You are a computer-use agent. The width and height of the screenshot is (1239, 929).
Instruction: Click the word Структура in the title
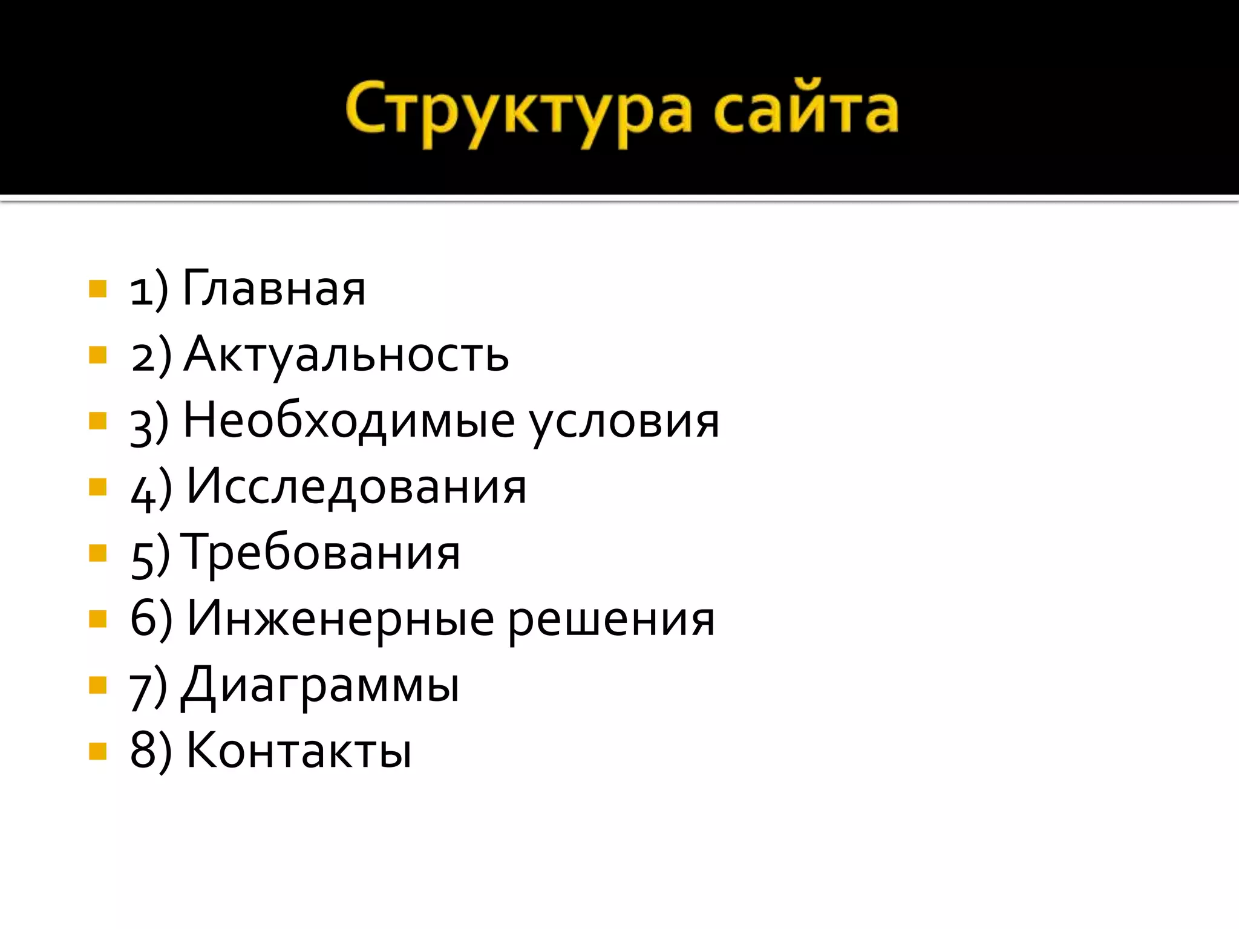pos(518,112)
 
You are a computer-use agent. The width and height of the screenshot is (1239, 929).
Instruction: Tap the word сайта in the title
pos(805,112)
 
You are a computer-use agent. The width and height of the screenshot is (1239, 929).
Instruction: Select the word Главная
pos(274,289)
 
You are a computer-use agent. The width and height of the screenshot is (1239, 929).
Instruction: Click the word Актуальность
pos(346,355)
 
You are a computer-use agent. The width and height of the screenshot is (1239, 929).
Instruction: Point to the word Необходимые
pos(349,421)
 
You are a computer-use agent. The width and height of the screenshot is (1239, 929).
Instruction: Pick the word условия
pos(624,422)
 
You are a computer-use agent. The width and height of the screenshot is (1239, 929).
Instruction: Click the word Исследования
pos(356,487)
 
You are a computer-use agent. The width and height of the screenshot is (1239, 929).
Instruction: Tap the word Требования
pos(321,553)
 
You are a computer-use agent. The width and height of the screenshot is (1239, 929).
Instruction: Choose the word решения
pos(611,620)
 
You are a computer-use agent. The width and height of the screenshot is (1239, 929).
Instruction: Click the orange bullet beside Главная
pos(97,289)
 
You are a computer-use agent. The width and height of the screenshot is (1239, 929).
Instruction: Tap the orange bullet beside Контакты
pos(97,751)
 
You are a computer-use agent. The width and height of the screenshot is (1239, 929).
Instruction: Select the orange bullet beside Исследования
pos(97,487)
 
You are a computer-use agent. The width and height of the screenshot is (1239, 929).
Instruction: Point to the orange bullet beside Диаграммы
pos(97,685)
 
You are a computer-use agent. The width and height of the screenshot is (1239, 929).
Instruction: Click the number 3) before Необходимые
pos(149,423)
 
